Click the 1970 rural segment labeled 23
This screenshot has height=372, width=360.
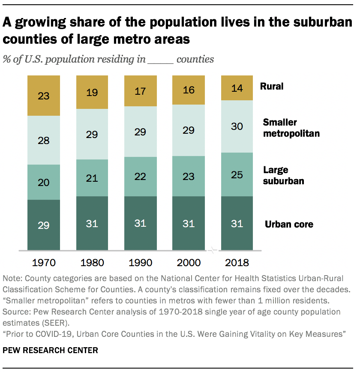click(x=43, y=96)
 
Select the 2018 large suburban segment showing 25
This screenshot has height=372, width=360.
click(x=237, y=174)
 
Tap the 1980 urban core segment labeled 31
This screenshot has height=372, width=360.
click(x=92, y=223)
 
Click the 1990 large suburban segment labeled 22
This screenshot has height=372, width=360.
click(x=140, y=177)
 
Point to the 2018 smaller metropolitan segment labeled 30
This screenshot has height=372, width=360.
click(x=237, y=126)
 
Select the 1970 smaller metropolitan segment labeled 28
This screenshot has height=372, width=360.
click(x=43, y=140)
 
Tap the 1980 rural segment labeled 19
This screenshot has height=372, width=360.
click(x=92, y=92)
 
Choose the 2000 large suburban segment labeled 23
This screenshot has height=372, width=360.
click(x=189, y=176)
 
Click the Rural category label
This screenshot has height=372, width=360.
click(x=272, y=86)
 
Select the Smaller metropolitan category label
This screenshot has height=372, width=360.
click(x=291, y=128)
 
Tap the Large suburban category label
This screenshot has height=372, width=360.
click(x=283, y=175)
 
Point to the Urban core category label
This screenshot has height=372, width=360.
click(x=289, y=224)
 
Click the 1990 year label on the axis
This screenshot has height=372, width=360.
click(x=140, y=262)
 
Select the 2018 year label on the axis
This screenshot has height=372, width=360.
click(x=237, y=262)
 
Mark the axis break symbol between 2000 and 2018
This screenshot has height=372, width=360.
click(x=213, y=250)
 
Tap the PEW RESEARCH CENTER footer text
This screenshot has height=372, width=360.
click(x=51, y=350)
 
